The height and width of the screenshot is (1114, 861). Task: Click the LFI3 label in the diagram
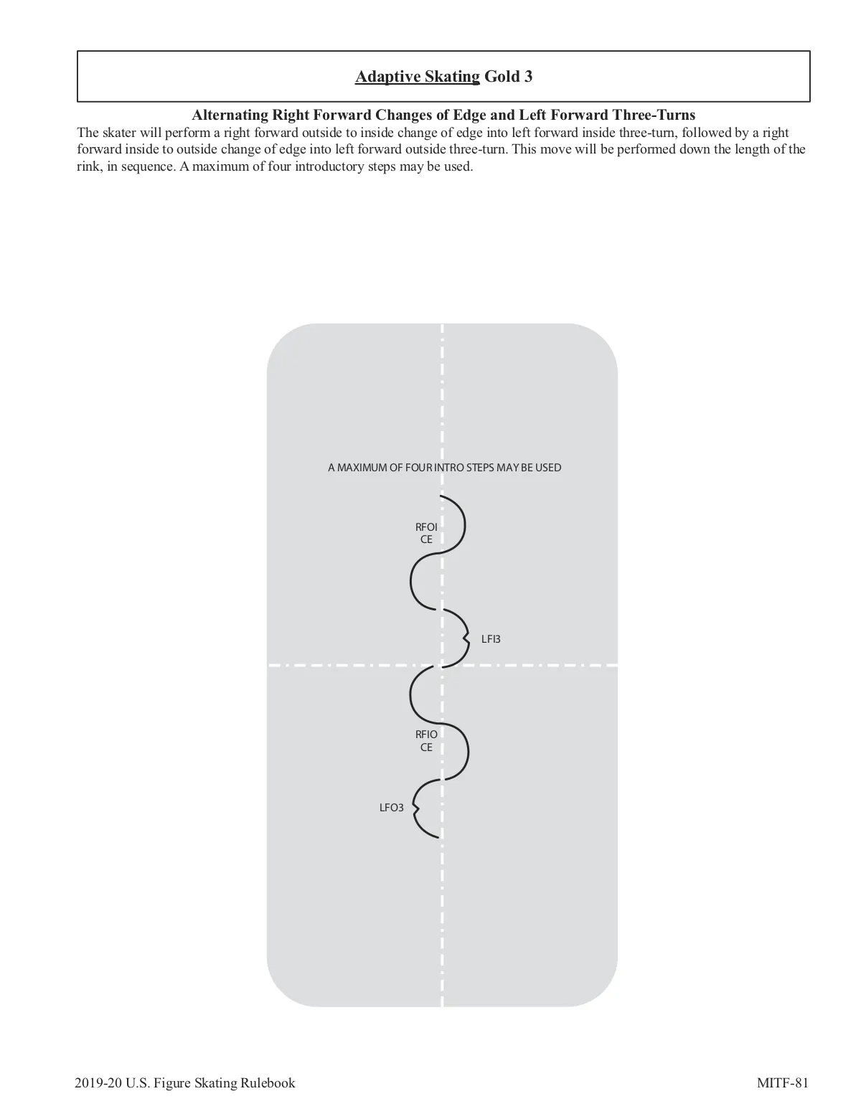click(x=491, y=639)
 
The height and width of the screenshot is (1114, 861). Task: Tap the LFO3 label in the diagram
click(x=391, y=808)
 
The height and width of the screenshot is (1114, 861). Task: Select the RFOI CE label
click(x=426, y=533)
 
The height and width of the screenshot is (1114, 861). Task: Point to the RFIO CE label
click(x=426, y=740)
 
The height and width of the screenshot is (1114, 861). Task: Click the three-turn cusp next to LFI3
click(x=466, y=637)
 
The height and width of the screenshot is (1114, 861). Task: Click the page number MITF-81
click(x=782, y=1082)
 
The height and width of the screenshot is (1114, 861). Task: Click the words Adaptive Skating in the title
click(x=417, y=76)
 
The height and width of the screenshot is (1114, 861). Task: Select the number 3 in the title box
click(x=528, y=76)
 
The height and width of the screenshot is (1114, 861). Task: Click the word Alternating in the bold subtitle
click(x=229, y=115)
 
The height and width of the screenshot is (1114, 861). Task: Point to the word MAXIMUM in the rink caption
click(x=360, y=468)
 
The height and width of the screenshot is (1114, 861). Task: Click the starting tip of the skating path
click(x=440, y=496)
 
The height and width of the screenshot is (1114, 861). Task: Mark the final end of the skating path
click(x=438, y=837)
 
